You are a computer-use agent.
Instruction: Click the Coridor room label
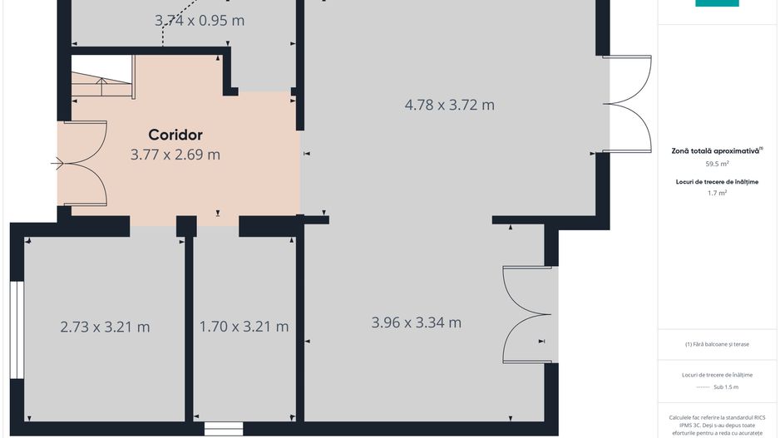(175, 135)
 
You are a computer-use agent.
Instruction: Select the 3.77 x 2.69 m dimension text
(175, 154)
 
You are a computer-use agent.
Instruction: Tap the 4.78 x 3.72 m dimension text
(449, 105)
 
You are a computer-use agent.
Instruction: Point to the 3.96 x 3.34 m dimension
(416, 322)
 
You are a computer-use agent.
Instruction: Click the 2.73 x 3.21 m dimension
(105, 327)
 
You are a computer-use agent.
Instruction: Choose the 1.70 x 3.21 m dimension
(244, 327)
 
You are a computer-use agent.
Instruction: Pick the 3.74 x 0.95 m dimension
(200, 20)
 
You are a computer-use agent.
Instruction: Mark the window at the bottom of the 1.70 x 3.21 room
(223, 429)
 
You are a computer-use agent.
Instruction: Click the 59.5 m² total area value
(717, 164)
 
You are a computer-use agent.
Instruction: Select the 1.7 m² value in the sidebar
(717, 193)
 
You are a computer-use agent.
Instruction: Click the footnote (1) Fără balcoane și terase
(717, 344)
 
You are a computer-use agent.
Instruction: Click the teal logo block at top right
(717, 3)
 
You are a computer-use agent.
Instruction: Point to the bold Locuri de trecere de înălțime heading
(717, 181)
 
